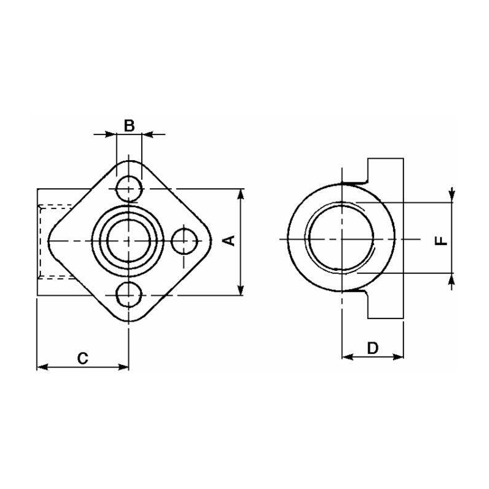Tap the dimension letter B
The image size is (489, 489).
pyautogui.click(x=129, y=126)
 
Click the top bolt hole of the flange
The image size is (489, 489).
pyautogui.click(x=128, y=188)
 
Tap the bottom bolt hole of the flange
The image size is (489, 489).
pyautogui.click(x=128, y=295)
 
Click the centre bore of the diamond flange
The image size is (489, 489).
pyautogui.click(x=128, y=241)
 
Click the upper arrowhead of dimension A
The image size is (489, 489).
pyautogui.click(x=241, y=193)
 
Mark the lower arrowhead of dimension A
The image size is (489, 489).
pyautogui.click(x=241, y=292)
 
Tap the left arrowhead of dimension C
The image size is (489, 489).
pyautogui.click(x=42, y=367)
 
